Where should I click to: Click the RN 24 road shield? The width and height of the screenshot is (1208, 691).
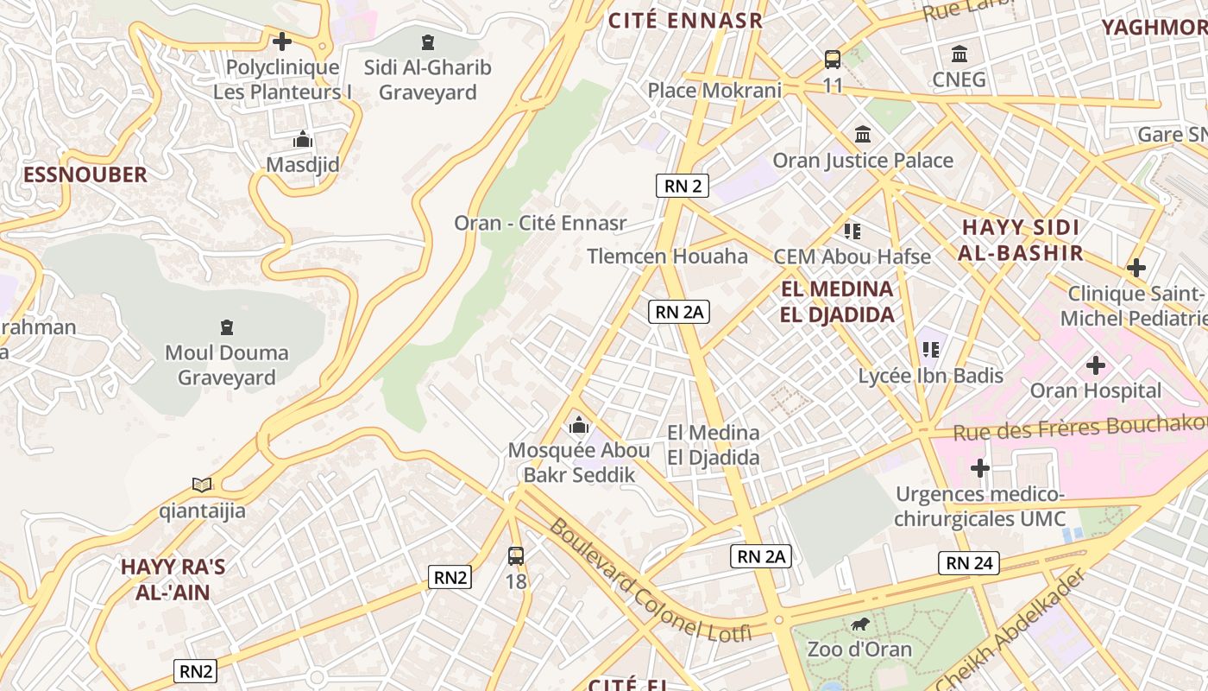coord(969,564)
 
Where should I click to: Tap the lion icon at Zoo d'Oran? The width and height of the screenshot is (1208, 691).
coord(859,624)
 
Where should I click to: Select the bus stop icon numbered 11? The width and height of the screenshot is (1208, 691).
coord(833,60)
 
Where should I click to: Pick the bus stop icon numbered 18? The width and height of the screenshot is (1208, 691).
coord(516,555)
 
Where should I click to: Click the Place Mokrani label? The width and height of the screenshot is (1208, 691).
coord(714,90)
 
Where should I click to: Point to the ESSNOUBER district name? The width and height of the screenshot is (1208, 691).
coord(85,174)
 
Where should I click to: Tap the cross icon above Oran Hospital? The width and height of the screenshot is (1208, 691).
coord(1095,365)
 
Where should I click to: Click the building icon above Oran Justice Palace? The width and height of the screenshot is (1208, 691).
coord(863,134)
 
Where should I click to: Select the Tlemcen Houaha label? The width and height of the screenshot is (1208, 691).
coord(667,257)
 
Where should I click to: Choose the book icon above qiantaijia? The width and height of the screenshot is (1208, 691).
coord(202,485)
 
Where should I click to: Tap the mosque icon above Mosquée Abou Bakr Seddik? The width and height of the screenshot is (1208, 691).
coord(578,425)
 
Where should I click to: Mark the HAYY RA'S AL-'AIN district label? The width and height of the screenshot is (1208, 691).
coord(172,580)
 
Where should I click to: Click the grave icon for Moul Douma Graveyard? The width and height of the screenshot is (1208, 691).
coord(226,327)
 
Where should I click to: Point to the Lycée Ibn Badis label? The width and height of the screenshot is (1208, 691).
coord(930,376)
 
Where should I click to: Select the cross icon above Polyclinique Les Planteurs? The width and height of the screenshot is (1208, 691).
coord(281,41)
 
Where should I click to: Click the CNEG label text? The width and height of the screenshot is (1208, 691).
coord(959,80)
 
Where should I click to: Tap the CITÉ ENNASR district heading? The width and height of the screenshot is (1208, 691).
coord(686,21)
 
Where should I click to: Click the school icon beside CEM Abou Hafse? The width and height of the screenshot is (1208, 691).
coord(853,231)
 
